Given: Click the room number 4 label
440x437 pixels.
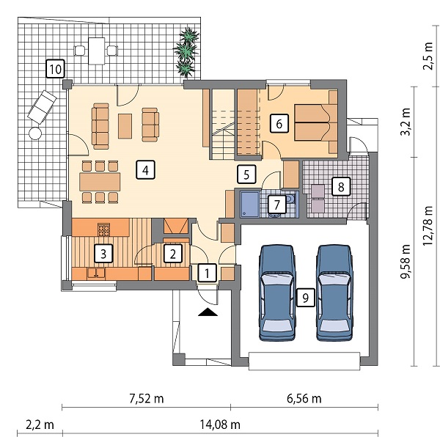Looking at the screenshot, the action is click(x=145, y=169).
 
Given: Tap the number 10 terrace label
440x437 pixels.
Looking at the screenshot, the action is click(x=56, y=69).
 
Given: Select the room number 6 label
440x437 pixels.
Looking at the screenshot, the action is click(x=279, y=123).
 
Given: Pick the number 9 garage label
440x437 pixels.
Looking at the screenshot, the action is click(x=305, y=297).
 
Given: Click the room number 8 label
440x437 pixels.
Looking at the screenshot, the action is click(x=341, y=186).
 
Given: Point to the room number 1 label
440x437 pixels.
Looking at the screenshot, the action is click(x=207, y=273).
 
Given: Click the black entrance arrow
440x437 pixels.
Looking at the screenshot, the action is click(x=208, y=312).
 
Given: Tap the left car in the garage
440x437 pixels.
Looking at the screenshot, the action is click(x=278, y=293).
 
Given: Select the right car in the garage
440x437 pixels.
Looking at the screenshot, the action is click(x=334, y=293).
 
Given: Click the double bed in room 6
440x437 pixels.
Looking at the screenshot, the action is click(x=315, y=122).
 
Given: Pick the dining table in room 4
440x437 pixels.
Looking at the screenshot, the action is click(x=100, y=182).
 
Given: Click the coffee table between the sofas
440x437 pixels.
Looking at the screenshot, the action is click(x=125, y=126).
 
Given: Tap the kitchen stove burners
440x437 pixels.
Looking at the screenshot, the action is click(x=104, y=229).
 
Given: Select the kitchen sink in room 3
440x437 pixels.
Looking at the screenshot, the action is click(x=96, y=273).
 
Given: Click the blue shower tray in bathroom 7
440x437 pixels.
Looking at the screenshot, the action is click(x=250, y=204).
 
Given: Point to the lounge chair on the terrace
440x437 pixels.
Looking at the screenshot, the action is click(x=42, y=107).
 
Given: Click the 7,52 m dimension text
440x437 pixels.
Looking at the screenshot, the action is click(x=147, y=398).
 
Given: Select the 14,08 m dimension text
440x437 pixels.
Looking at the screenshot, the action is click(x=220, y=425).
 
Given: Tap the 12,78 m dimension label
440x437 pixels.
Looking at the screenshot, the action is click(x=428, y=226).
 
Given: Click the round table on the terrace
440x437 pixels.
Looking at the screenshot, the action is click(x=35, y=133).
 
